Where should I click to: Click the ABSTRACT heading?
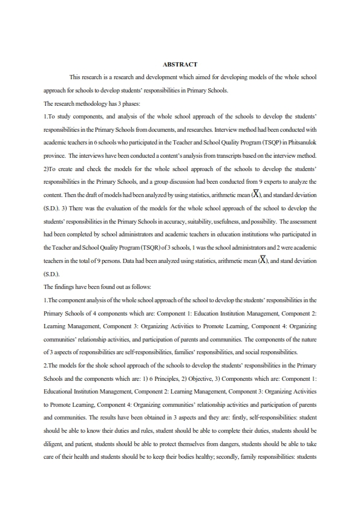(x=180, y=64)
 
